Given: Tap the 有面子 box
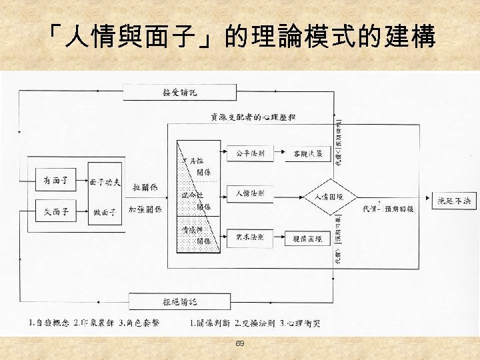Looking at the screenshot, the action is click(x=55, y=181).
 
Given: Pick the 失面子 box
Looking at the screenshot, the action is click(x=55, y=213).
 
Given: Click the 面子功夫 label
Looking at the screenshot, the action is click(x=105, y=181).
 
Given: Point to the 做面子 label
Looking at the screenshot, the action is click(x=105, y=213).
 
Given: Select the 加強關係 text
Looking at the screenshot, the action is click(x=145, y=209).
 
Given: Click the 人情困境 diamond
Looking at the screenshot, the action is click(x=323, y=197).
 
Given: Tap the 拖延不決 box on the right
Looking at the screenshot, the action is click(x=453, y=199).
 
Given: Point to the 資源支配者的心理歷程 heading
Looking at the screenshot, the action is click(x=253, y=117).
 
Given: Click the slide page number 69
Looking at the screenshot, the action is click(x=240, y=343).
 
